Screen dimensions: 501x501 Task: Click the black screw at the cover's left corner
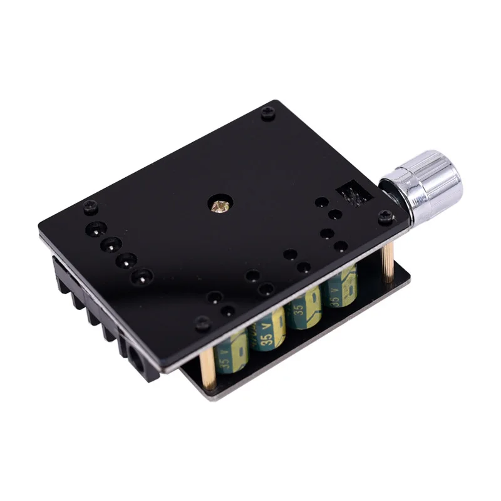(x=91, y=205)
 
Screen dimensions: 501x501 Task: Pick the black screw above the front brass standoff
(x=202, y=323)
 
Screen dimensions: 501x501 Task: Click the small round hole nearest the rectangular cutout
(x=322, y=202)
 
